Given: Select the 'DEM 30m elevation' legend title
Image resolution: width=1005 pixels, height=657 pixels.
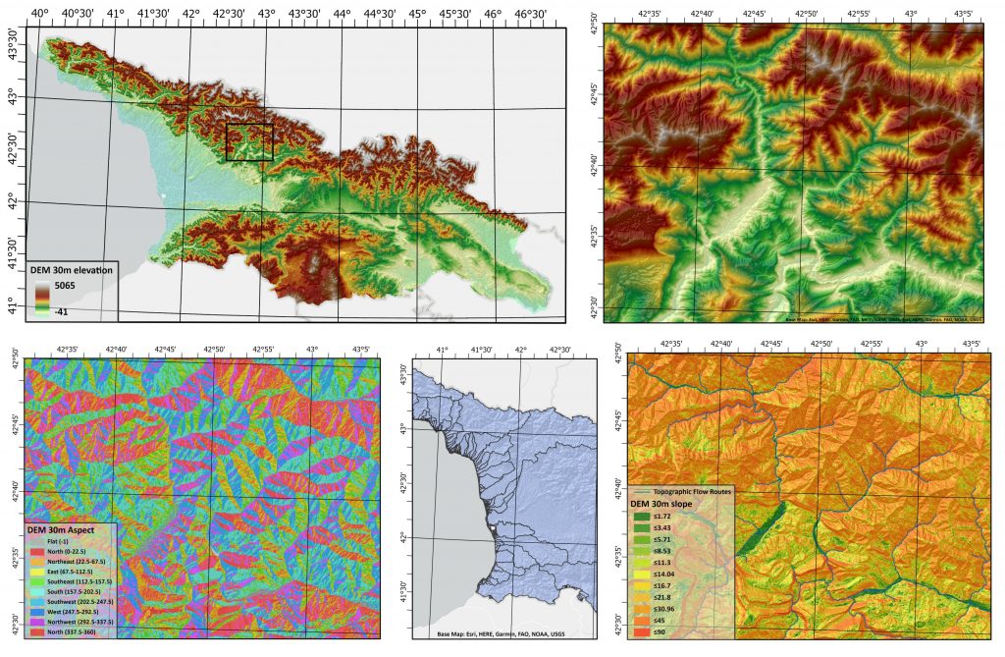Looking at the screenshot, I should (72, 270).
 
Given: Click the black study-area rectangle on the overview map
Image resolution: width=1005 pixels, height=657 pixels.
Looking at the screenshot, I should (249, 142).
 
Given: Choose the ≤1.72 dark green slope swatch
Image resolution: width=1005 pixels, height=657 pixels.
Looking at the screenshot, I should (640, 516).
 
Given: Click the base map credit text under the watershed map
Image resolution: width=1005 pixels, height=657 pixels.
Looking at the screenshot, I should (501, 633).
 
